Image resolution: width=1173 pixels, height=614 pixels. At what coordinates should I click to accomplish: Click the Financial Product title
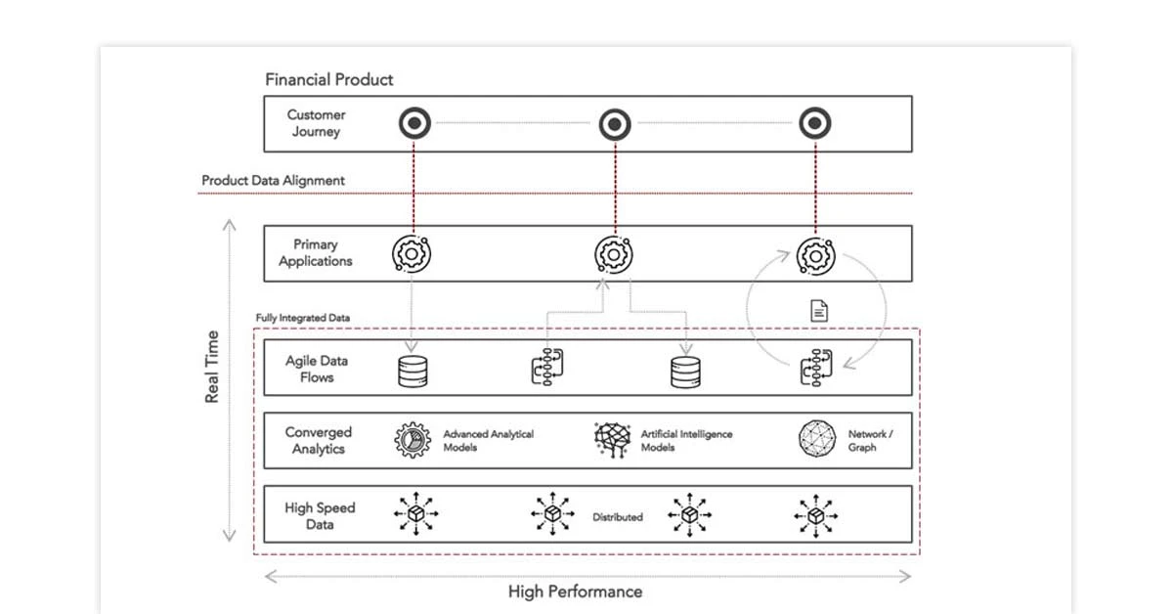pyautogui.click(x=328, y=79)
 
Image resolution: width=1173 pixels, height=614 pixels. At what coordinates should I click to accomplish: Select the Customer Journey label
pyautogui.click(x=316, y=123)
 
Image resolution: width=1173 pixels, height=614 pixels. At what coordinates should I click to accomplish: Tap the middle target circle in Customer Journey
pyautogui.click(x=614, y=123)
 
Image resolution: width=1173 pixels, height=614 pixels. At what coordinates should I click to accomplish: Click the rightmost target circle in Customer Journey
pyautogui.click(x=814, y=123)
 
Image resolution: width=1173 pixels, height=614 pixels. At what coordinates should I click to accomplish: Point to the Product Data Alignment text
pyautogui.click(x=273, y=181)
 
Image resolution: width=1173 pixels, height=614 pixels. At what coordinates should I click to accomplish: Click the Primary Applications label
pyautogui.click(x=315, y=253)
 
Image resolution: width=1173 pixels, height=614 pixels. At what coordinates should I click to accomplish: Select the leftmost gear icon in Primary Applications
pyautogui.click(x=412, y=253)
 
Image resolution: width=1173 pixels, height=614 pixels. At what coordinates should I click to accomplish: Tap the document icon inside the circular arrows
pyautogui.click(x=819, y=311)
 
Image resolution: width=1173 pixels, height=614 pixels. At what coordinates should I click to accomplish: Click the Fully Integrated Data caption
pyautogui.click(x=302, y=318)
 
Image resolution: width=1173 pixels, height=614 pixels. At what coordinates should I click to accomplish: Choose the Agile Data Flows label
pyautogui.click(x=316, y=369)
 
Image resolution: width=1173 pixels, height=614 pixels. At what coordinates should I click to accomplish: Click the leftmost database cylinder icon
pyautogui.click(x=413, y=372)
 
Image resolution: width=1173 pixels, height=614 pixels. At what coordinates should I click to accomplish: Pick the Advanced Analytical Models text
pyautogui.click(x=488, y=441)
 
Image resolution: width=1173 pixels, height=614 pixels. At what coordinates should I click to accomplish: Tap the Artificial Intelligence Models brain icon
pyautogui.click(x=613, y=440)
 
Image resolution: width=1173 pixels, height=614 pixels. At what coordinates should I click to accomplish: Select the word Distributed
pyautogui.click(x=617, y=517)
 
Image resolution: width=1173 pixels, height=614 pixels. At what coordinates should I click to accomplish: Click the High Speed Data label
pyautogui.click(x=320, y=516)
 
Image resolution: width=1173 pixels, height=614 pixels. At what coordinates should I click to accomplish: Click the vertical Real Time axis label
pyautogui.click(x=211, y=368)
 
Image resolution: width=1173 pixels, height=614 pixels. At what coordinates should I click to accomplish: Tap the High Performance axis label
pyautogui.click(x=575, y=592)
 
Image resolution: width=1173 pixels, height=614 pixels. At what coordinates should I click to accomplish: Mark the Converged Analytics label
pyautogui.click(x=318, y=440)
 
